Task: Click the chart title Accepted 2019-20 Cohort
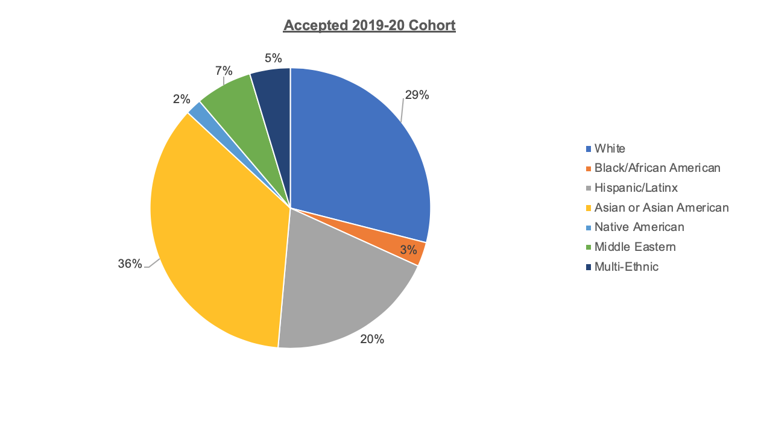click(x=369, y=25)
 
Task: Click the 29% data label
click(x=417, y=95)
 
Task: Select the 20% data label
click(x=372, y=339)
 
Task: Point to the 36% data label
click(x=130, y=264)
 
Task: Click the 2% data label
click(x=182, y=99)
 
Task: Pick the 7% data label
click(x=224, y=71)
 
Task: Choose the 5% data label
click(x=273, y=58)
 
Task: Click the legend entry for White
click(x=610, y=148)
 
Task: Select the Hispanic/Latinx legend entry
click(x=636, y=188)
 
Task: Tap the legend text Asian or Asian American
click(x=662, y=207)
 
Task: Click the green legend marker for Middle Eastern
click(x=589, y=247)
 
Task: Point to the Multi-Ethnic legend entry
click(x=627, y=267)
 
